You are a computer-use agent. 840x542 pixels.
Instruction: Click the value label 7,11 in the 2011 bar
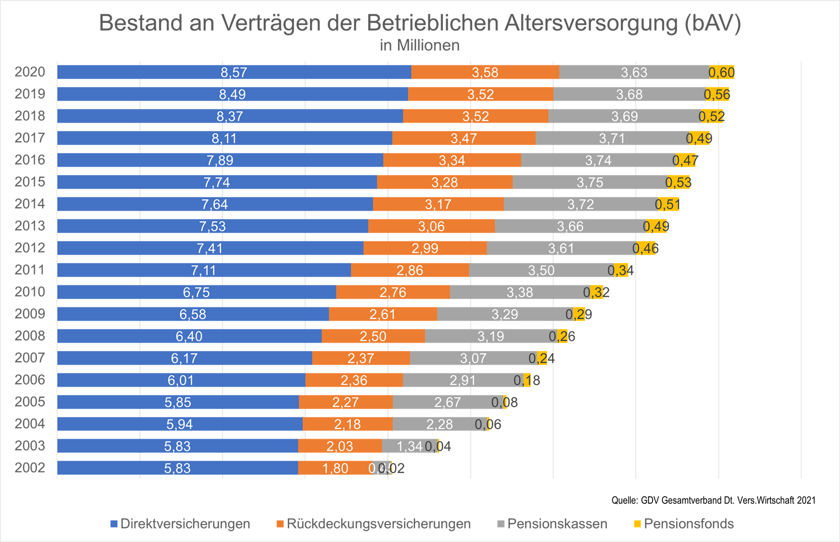pyautogui.click(x=203, y=270)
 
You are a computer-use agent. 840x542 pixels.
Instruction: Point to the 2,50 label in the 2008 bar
pyautogui.click(x=373, y=336)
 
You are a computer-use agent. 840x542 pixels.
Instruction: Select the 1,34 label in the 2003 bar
pyautogui.click(x=409, y=446)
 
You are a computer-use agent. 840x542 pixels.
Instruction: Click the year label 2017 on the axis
pyautogui.click(x=30, y=138)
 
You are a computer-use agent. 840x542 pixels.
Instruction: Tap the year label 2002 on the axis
pyautogui.click(x=30, y=468)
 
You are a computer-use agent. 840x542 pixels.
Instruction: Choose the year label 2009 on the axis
pyautogui.click(x=30, y=314)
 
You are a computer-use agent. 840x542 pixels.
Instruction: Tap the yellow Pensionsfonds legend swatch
pyautogui.click(x=637, y=524)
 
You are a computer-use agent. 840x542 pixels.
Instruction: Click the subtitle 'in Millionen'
pyautogui.click(x=420, y=45)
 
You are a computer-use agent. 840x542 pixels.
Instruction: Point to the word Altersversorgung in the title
pyautogui.click(x=591, y=23)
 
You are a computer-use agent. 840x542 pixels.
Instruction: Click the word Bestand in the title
pyautogui.click(x=140, y=23)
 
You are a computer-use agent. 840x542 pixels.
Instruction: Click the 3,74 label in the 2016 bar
pyautogui.click(x=598, y=160)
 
